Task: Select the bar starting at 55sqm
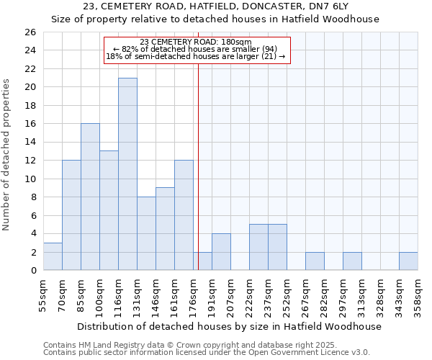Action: point(53,256)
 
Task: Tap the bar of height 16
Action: point(90,197)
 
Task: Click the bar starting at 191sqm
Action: point(221,251)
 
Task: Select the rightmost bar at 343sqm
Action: point(408,261)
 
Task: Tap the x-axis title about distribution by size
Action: point(230,326)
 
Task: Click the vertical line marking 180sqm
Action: point(198,158)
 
